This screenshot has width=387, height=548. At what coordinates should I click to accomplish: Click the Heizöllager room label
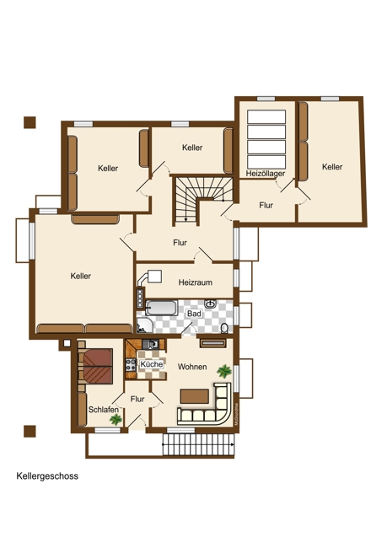pyautogui.click(x=266, y=174)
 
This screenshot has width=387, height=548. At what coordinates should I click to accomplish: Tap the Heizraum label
pyautogui.click(x=196, y=282)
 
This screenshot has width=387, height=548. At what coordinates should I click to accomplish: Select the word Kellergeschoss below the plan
pyautogui.click(x=47, y=476)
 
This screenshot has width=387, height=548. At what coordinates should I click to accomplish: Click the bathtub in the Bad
pyautogui.click(x=162, y=308)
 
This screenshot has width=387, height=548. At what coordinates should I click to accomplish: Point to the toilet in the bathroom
pyautogui.click(x=224, y=328)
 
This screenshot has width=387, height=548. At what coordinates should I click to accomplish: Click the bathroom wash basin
pyautogui.click(x=210, y=304)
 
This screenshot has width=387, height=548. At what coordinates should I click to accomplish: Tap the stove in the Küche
pyautogui.click(x=131, y=364)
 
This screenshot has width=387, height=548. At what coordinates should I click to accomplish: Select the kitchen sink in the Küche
pyautogui.click(x=151, y=344)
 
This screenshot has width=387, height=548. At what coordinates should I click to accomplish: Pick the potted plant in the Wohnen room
pyautogui.click(x=224, y=371)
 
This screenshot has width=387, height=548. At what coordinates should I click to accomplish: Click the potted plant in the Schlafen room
pyautogui.click(x=116, y=419)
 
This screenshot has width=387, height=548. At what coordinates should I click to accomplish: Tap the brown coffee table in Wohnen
pyautogui.click(x=195, y=396)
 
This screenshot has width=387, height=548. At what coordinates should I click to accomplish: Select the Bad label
pyautogui.click(x=194, y=314)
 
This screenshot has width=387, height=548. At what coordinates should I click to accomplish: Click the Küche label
pyautogui.click(x=152, y=364)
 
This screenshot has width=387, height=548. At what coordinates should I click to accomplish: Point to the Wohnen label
pyautogui.click(x=192, y=367)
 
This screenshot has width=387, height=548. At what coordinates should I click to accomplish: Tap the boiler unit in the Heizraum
pyautogui.click(x=154, y=277)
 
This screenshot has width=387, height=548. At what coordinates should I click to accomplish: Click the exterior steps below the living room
pyautogui.click(x=198, y=444)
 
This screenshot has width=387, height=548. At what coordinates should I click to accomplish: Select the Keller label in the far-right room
pyautogui.click(x=332, y=167)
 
